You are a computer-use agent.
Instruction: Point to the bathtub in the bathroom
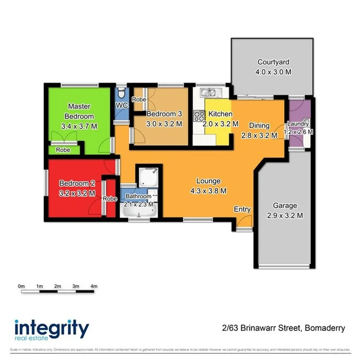point(139,212)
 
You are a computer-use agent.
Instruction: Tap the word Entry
point(242,209)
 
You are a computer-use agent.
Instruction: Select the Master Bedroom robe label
point(62,150)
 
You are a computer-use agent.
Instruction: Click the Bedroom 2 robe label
point(110,199)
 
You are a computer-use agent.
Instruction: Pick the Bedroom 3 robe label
point(139,99)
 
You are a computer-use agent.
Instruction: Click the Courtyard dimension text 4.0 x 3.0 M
point(273,72)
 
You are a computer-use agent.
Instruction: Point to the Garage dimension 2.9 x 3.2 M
point(285,215)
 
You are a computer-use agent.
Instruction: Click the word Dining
point(258,125)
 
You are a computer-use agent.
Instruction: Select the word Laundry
point(298,124)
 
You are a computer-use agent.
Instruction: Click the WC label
point(122,105)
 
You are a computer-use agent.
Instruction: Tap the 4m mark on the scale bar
point(94,286)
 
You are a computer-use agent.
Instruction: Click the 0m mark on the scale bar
point(21,286)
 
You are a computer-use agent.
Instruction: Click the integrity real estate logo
point(52,330)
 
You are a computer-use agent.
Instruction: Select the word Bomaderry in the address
point(325,327)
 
